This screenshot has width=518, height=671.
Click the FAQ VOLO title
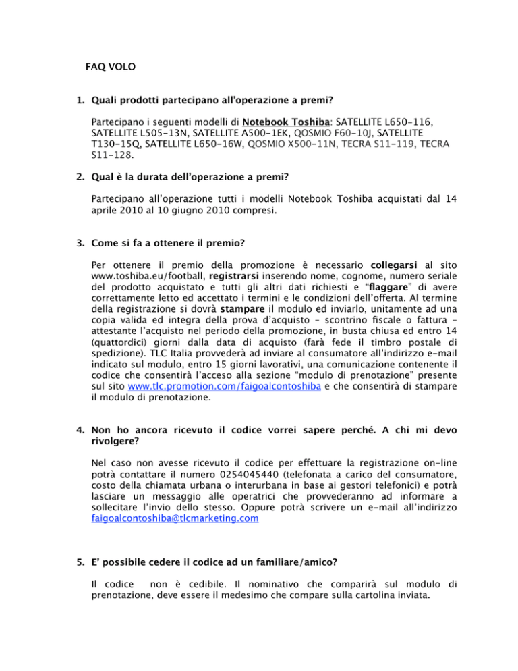(111, 67)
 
